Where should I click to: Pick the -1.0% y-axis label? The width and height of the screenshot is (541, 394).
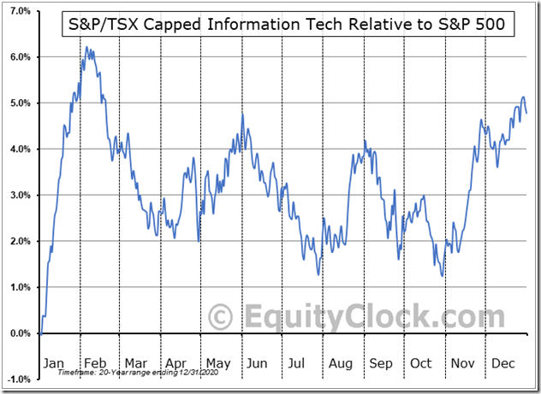19,379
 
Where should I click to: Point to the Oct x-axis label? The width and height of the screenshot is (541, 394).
421,363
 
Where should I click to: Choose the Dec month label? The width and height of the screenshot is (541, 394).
503,363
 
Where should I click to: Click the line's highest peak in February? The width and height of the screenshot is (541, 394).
86,48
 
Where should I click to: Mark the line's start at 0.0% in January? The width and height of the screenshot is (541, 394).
39,333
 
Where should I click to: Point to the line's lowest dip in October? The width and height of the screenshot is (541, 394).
442,275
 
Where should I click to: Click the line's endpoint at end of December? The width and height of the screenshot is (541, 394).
526,113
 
